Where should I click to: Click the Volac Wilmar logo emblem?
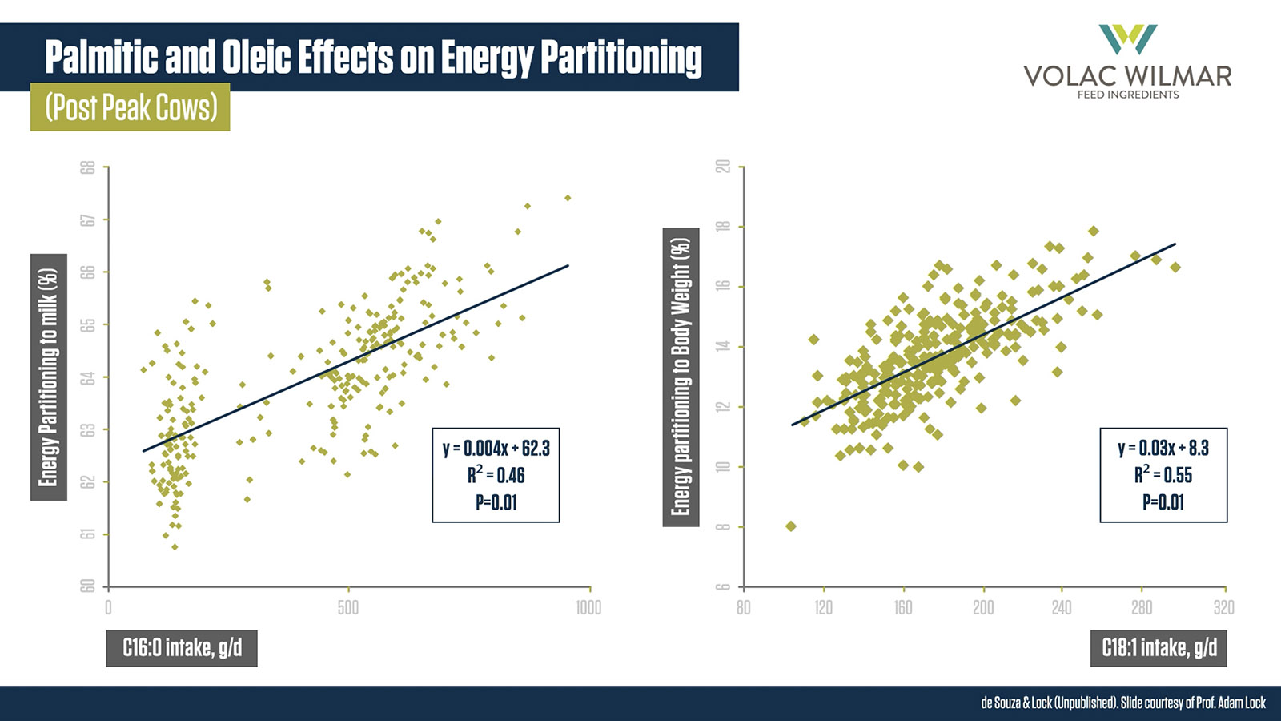(x=1127, y=39)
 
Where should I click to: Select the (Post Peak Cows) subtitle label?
(x=131, y=107)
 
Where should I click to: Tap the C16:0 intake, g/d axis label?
(x=182, y=647)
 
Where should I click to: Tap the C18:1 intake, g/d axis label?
(x=1159, y=647)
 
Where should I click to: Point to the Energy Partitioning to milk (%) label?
(x=49, y=377)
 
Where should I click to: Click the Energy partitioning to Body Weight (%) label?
(x=681, y=377)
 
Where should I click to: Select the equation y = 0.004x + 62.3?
(x=496, y=448)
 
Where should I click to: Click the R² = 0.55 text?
(x=1163, y=475)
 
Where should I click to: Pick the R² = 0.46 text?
(x=496, y=475)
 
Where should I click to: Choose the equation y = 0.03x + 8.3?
(x=1163, y=448)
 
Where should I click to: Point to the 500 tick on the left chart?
(x=348, y=607)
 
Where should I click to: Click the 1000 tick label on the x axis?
(x=588, y=607)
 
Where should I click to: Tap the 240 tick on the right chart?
(x=1062, y=607)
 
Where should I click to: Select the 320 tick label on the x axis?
(x=1223, y=607)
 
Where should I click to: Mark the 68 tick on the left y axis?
(x=88, y=167)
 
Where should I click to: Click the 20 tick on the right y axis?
(x=723, y=167)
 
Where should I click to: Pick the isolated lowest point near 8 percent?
(x=791, y=526)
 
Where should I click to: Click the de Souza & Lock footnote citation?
(x=1122, y=703)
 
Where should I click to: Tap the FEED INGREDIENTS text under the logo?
(x=1127, y=95)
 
